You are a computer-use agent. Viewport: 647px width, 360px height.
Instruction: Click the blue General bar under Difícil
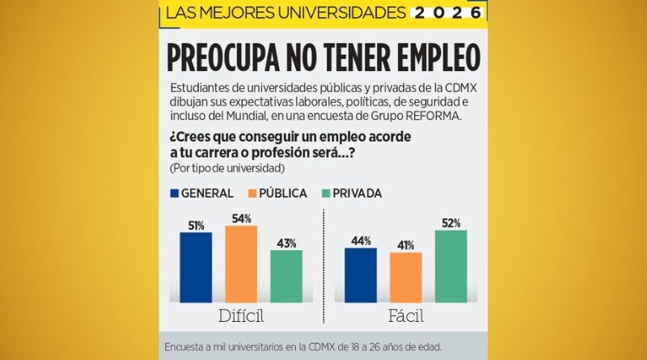click(x=196, y=267)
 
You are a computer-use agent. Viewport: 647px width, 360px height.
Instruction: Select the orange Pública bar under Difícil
click(x=241, y=264)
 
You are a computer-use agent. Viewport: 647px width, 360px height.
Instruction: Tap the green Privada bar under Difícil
click(x=286, y=276)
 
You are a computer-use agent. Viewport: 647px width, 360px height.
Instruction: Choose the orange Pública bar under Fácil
click(x=406, y=277)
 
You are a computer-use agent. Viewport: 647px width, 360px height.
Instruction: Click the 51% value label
click(x=196, y=226)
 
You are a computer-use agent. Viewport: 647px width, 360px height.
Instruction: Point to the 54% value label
click(x=241, y=218)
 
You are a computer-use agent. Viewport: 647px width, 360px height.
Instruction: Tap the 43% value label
click(x=286, y=243)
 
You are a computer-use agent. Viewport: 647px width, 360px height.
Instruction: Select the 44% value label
click(x=361, y=240)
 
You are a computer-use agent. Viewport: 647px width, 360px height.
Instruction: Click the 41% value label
click(x=406, y=245)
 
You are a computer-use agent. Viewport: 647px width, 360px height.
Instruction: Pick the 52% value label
click(x=451, y=223)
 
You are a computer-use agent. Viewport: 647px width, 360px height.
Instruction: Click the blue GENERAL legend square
click(x=174, y=193)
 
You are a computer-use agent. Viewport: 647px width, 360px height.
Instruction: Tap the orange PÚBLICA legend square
click(x=252, y=193)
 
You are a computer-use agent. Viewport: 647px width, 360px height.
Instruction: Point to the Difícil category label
click(x=241, y=316)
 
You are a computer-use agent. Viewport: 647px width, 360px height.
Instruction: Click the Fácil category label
click(x=405, y=316)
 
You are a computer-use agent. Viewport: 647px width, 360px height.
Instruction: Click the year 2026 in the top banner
click(x=446, y=13)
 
